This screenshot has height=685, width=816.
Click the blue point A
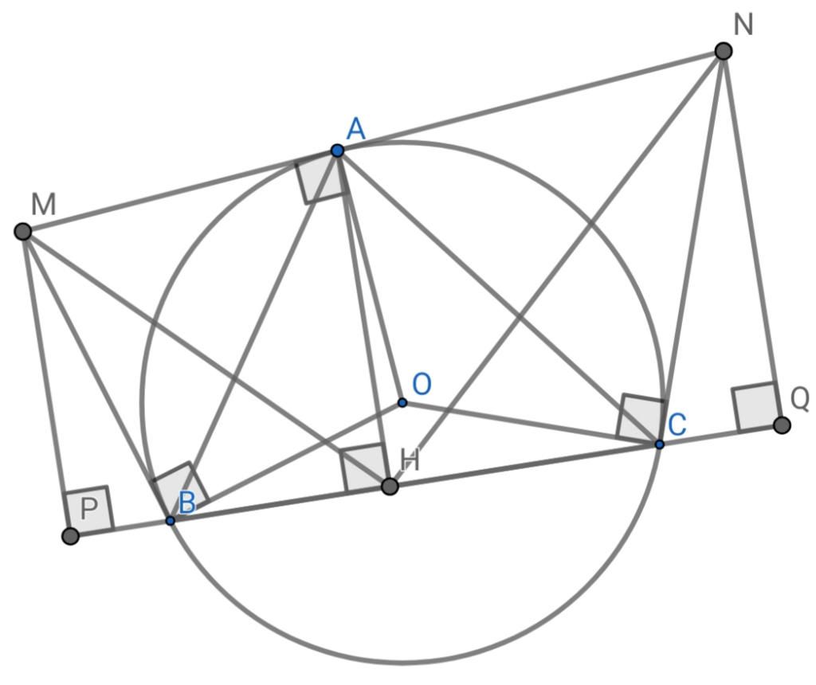click(337, 151)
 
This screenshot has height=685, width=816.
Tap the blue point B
click(171, 520)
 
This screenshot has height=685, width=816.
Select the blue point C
click(659, 444)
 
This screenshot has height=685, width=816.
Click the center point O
click(402, 402)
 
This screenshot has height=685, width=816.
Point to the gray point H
click(390, 487)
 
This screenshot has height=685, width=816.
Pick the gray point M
click(23, 232)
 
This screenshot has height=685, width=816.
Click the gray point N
click(724, 51)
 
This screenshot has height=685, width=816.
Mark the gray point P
click(70, 536)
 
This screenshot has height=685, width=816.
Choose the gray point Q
click(782, 425)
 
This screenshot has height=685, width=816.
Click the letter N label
click(743, 25)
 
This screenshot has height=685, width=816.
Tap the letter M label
click(43, 204)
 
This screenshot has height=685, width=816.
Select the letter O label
click(422, 385)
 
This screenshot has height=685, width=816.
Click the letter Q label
click(800, 400)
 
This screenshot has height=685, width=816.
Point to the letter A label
click(356, 128)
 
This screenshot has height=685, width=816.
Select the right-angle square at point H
click(363, 468)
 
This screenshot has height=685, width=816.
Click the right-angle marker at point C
click(640, 418)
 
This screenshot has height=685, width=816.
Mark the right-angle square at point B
click(181, 488)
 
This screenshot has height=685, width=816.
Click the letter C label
click(677, 425)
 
